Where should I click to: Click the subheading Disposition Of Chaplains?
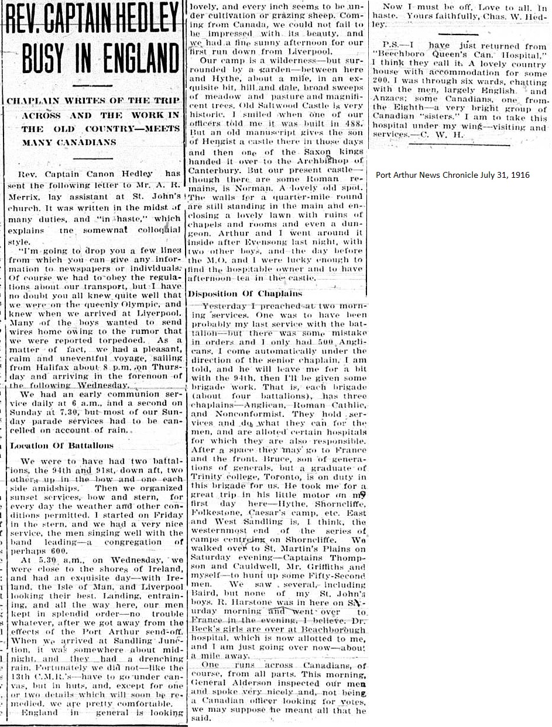(244, 294)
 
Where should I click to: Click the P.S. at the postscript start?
(393, 45)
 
